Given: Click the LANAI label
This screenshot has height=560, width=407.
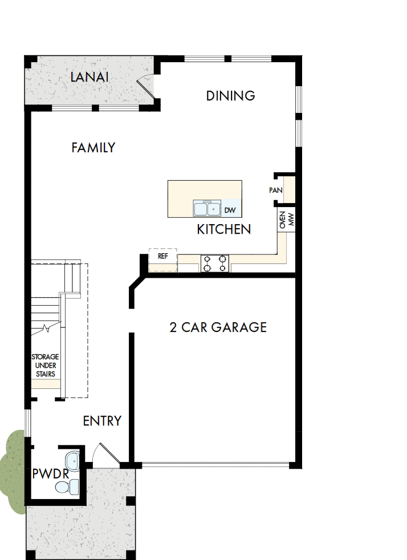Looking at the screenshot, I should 89,77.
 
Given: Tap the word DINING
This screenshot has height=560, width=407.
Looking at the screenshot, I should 230,96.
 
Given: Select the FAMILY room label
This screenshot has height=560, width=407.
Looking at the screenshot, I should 93,148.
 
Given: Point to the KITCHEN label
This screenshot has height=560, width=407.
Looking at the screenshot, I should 224,229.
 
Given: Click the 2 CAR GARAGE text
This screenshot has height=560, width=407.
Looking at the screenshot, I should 218,327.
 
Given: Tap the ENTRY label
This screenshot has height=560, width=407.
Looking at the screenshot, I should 102,421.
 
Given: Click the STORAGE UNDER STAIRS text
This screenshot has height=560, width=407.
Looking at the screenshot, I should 44,366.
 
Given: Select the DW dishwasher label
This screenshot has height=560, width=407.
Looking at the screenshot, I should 230,210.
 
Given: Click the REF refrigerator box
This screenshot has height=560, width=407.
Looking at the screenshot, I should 163,257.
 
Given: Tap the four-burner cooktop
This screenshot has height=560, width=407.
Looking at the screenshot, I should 214,263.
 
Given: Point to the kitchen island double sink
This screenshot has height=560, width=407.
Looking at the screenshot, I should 206,209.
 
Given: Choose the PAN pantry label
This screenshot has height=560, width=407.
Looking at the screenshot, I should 275,190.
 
